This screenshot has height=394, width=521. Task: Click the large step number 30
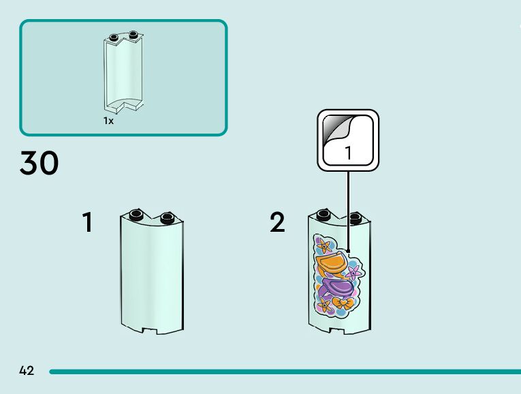(40, 164)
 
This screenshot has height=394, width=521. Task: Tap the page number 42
(27, 371)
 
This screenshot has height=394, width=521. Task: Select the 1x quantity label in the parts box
(108, 121)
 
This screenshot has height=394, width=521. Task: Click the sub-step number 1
(87, 222)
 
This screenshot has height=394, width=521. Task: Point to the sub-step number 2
(277, 222)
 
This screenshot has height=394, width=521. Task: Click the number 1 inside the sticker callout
(349, 153)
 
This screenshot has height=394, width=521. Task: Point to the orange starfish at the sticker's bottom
(324, 306)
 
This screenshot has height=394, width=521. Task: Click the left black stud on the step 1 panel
(136, 214)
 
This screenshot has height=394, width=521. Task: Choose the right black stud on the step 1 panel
(167, 218)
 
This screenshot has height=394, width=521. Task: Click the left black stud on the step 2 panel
(323, 214)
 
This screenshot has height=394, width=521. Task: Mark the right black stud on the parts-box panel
(133, 34)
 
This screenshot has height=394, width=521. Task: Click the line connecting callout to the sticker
(349, 204)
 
